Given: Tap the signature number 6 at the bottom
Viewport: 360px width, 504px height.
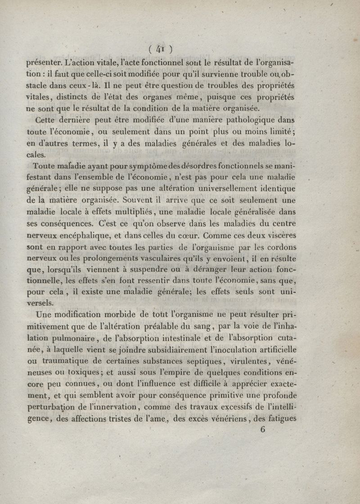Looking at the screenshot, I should pyautogui.click(x=263, y=429).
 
